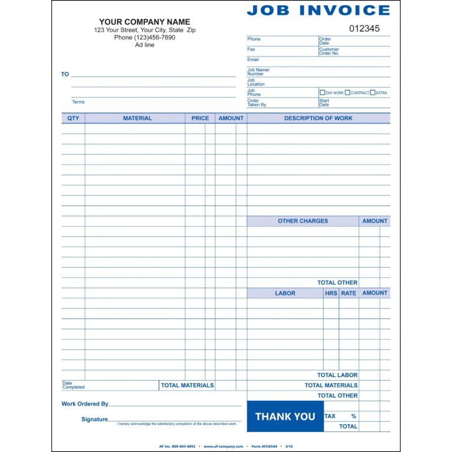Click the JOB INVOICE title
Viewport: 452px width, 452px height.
(x=318, y=10)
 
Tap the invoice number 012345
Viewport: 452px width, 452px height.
(x=364, y=28)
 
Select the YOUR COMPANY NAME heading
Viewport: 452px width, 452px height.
(x=144, y=22)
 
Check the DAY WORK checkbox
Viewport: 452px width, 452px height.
(x=322, y=92)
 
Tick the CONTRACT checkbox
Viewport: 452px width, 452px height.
(x=347, y=92)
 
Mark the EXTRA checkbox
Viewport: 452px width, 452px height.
(x=373, y=92)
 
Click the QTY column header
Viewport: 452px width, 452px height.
(x=73, y=118)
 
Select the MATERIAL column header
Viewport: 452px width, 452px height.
(x=137, y=118)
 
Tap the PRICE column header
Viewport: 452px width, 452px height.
(x=200, y=118)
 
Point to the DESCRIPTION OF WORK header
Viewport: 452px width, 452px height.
(x=318, y=118)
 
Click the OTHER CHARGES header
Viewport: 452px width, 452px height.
(x=303, y=221)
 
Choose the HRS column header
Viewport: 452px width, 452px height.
(x=331, y=293)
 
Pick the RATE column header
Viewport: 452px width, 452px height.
(x=348, y=293)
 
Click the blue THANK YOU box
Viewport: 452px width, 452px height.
(x=285, y=417)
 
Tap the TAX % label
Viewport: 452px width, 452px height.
(x=340, y=416)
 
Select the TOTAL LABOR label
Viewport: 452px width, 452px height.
(x=337, y=375)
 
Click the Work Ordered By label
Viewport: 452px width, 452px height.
(x=85, y=404)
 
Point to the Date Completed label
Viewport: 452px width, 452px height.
(x=74, y=385)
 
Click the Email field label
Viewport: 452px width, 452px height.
(x=252, y=59)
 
